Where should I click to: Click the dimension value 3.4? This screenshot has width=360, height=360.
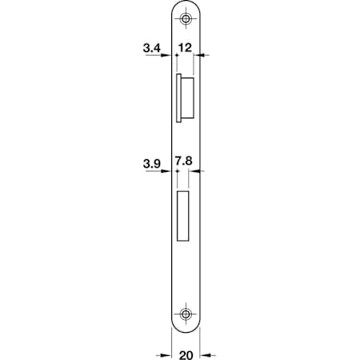pyautogui.click(x=152, y=48)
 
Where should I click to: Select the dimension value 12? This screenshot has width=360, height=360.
pyautogui.click(x=185, y=48)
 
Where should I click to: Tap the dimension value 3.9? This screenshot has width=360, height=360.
pyautogui.click(x=152, y=163)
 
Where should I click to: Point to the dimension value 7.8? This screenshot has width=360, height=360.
pyautogui.click(x=183, y=161)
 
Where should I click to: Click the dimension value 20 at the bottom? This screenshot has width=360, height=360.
pyautogui.click(x=186, y=355)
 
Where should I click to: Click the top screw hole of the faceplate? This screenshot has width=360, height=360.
pyautogui.click(x=186, y=18)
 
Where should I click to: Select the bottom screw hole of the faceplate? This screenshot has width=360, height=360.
pyautogui.click(x=186, y=314)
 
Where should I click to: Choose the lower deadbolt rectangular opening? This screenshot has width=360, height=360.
pyautogui.click(x=182, y=216)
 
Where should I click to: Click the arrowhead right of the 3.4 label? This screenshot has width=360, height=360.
pyautogui.click(x=166, y=55)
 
